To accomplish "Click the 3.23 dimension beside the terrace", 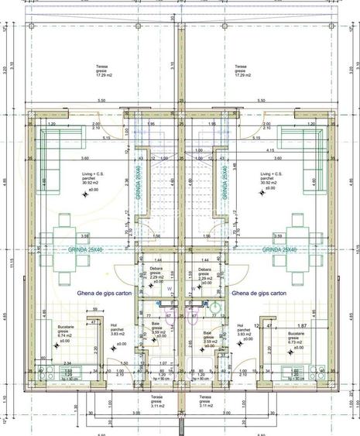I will pos(7,70).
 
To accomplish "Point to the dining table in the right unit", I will pos(297,235).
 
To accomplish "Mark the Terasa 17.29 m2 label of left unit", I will pos(101,70).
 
